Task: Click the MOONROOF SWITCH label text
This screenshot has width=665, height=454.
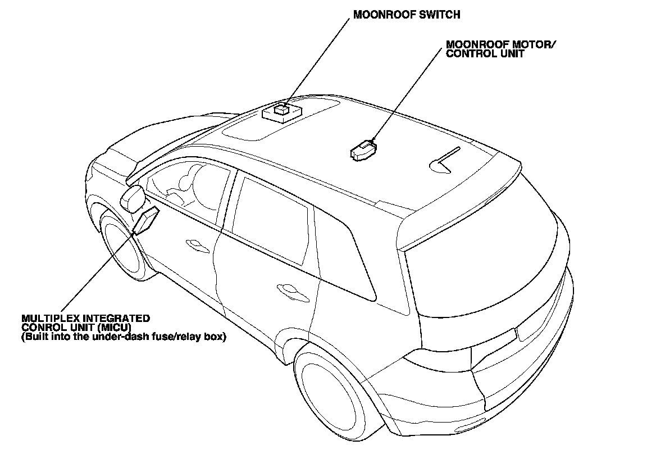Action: (x=406, y=15)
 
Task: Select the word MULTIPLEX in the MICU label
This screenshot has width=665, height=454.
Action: (x=48, y=319)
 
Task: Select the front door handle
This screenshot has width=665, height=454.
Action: (x=194, y=243)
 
